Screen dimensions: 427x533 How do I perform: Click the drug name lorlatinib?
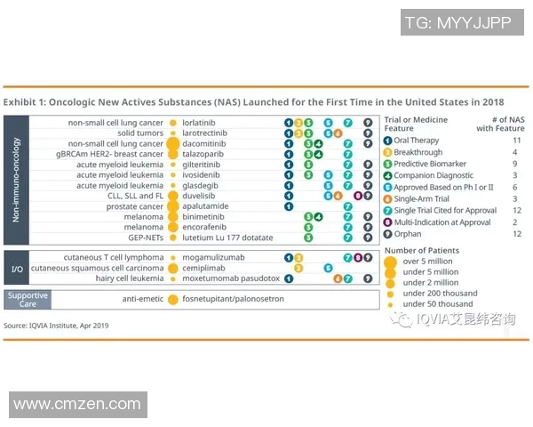pos(202,122)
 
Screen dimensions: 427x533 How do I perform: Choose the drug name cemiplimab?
pos(204,268)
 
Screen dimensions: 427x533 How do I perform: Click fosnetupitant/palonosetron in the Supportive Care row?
pos(233,299)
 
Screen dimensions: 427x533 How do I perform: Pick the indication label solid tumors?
pos(140,133)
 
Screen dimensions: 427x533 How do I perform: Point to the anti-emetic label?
pos(142,299)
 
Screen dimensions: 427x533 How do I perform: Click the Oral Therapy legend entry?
pos(417,141)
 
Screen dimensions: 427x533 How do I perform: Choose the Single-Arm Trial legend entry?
pos(423,198)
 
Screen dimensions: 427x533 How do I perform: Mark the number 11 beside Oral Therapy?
pos(517,141)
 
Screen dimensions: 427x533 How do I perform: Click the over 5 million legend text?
pos(427,262)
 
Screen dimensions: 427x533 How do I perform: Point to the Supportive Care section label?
pos(28,299)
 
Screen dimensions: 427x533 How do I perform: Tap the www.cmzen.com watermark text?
pos(79,405)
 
